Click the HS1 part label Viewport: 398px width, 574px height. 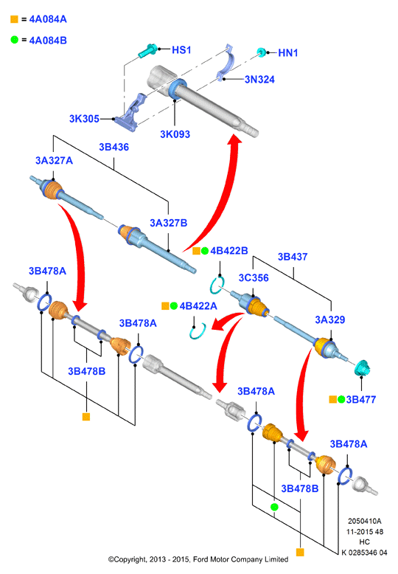pos(181,49)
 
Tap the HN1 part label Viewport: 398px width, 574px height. pos(288,52)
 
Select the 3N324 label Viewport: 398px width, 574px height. pos(259,80)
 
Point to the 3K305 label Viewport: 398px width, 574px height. pos(84,119)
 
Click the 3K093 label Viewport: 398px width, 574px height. pos(175,134)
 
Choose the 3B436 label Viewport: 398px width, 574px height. pos(114,147)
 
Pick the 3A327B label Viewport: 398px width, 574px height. pos(168,223)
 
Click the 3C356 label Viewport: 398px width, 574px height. pos(254,278)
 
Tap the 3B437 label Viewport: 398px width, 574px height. pos(293,257)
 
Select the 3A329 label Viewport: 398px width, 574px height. pos(330,319)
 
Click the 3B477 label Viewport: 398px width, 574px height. pos(361,399)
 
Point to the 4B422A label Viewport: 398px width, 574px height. pos(198,305)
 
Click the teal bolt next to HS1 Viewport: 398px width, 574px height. pos(148,51)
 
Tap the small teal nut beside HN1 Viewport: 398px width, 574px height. pos(261,52)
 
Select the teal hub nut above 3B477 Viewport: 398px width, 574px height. pos(363,367)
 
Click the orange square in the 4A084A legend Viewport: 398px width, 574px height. pos(14,19)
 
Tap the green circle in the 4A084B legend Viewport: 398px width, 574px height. pos(14,40)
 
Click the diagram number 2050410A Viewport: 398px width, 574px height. pos(364,521)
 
